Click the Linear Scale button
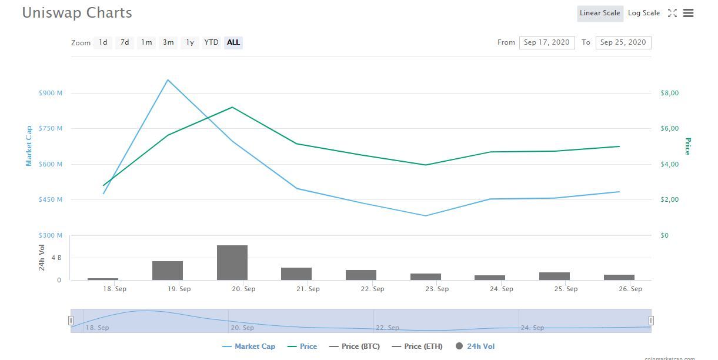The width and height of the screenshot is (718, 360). pos(600,13)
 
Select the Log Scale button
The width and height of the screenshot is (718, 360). pos(644,13)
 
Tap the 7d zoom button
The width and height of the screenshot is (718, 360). pos(125,42)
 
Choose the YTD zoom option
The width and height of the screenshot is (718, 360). pos(211,42)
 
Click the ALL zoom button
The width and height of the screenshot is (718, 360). pos(233,42)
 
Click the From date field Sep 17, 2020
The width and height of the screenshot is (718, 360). pos(546,42)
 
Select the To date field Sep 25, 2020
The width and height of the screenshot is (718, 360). pos(623,42)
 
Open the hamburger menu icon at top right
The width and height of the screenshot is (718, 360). pos(689,13)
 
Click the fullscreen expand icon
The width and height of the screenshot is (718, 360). pos(672,13)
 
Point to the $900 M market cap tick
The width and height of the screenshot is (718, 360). pos(51,93)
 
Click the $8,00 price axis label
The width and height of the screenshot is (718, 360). pos(670,93)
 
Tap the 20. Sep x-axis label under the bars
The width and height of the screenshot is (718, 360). pos(243,289)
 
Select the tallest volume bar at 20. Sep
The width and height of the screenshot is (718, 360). pos(232,263)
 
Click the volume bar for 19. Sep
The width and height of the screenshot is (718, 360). pos(168,271)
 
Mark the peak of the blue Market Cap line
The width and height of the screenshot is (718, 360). pos(168,80)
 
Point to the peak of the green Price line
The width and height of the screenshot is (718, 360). pos(232,107)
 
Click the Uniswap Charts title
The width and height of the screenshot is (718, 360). pos(77,13)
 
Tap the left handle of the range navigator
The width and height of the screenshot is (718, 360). pos(71,321)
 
